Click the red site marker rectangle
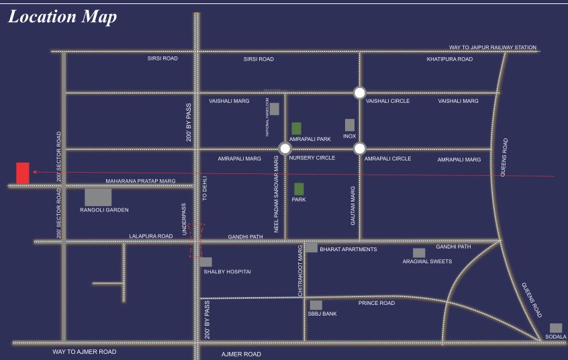(x=23, y=173)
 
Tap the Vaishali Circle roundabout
(x=360, y=93)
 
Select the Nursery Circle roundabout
(x=285, y=148)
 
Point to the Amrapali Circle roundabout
(x=360, y=148)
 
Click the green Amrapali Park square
(x=296, y=128)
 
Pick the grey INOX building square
(x=349, y=125)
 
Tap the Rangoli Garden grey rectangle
(x=98, y=197)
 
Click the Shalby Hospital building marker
(x=206, y=262)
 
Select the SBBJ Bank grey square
(x=316, y=305)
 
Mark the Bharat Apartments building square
(x=312, y=247)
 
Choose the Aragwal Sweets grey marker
(x=419, y=253)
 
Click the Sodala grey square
(x=556, y=328)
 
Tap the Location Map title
(x=62, y=17)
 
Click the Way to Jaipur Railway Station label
(x=493, y=48)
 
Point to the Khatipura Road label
(x=449, y=59)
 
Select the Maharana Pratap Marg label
(x=140, y=181)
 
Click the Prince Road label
(x=376, y=303)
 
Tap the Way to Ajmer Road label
(x=85, y=352)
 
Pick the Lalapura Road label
(x=151, y=236)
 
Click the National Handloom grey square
(x=274, y=109)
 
